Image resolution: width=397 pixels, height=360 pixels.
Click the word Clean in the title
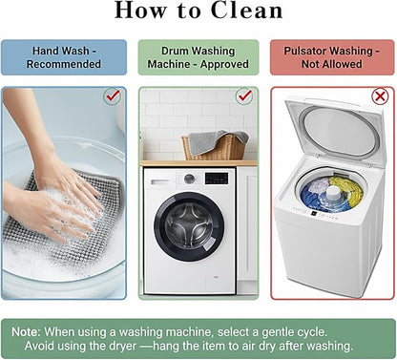(x=246, y=11)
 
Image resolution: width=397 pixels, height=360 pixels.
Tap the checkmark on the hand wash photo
(x=113, y=95)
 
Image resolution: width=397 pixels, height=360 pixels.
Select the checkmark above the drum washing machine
(x=244, y=95)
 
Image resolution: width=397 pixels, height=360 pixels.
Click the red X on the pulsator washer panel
(x=380, y=96)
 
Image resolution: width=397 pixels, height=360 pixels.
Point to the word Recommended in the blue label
(x=64, y=64)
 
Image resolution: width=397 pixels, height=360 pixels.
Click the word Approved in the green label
(x=224, y=64)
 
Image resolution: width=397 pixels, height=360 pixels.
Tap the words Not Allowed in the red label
(x=332, y=64)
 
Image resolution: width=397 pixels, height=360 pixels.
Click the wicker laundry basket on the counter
(x=215, y=145)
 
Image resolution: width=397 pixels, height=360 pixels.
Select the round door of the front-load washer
(x=189, y=226)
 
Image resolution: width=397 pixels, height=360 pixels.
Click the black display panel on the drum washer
(x=217, y=179)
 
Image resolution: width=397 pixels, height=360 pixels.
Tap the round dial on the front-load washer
(x=189, y=179)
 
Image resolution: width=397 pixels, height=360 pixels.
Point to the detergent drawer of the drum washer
(x=160, y=182)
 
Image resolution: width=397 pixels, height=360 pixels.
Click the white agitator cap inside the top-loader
(x=334, y=193)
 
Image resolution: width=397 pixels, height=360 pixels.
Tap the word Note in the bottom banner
(x=26, y=332)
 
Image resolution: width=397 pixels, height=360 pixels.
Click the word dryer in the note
(x=122, y=346)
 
